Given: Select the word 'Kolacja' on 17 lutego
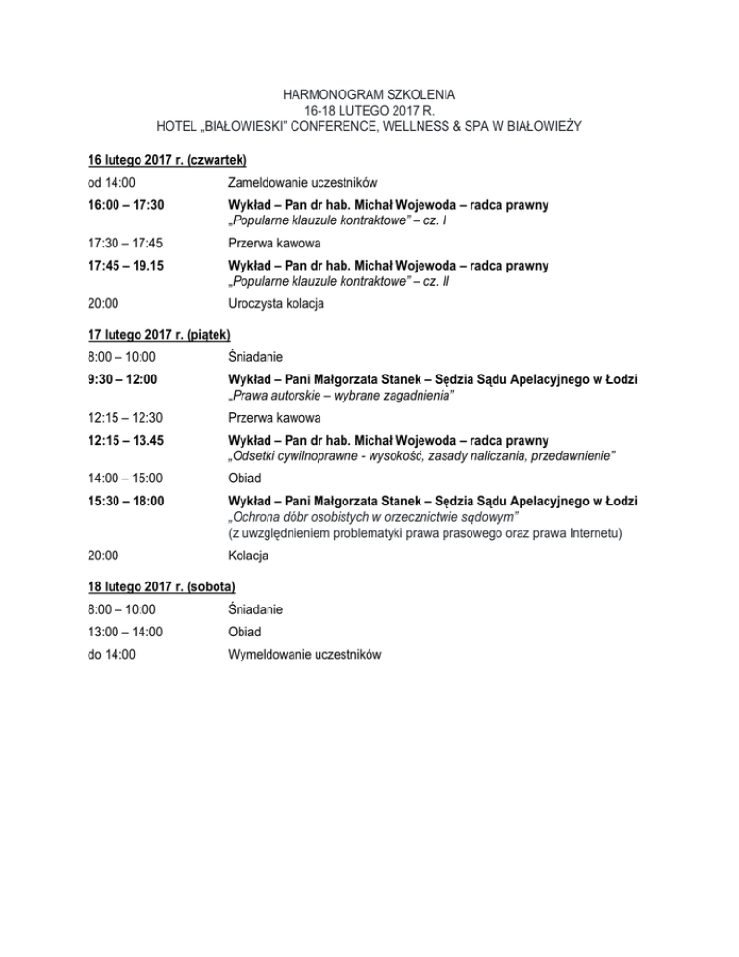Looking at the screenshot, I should tap(249, 556).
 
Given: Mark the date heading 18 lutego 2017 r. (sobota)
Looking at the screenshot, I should tap(162, 585).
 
